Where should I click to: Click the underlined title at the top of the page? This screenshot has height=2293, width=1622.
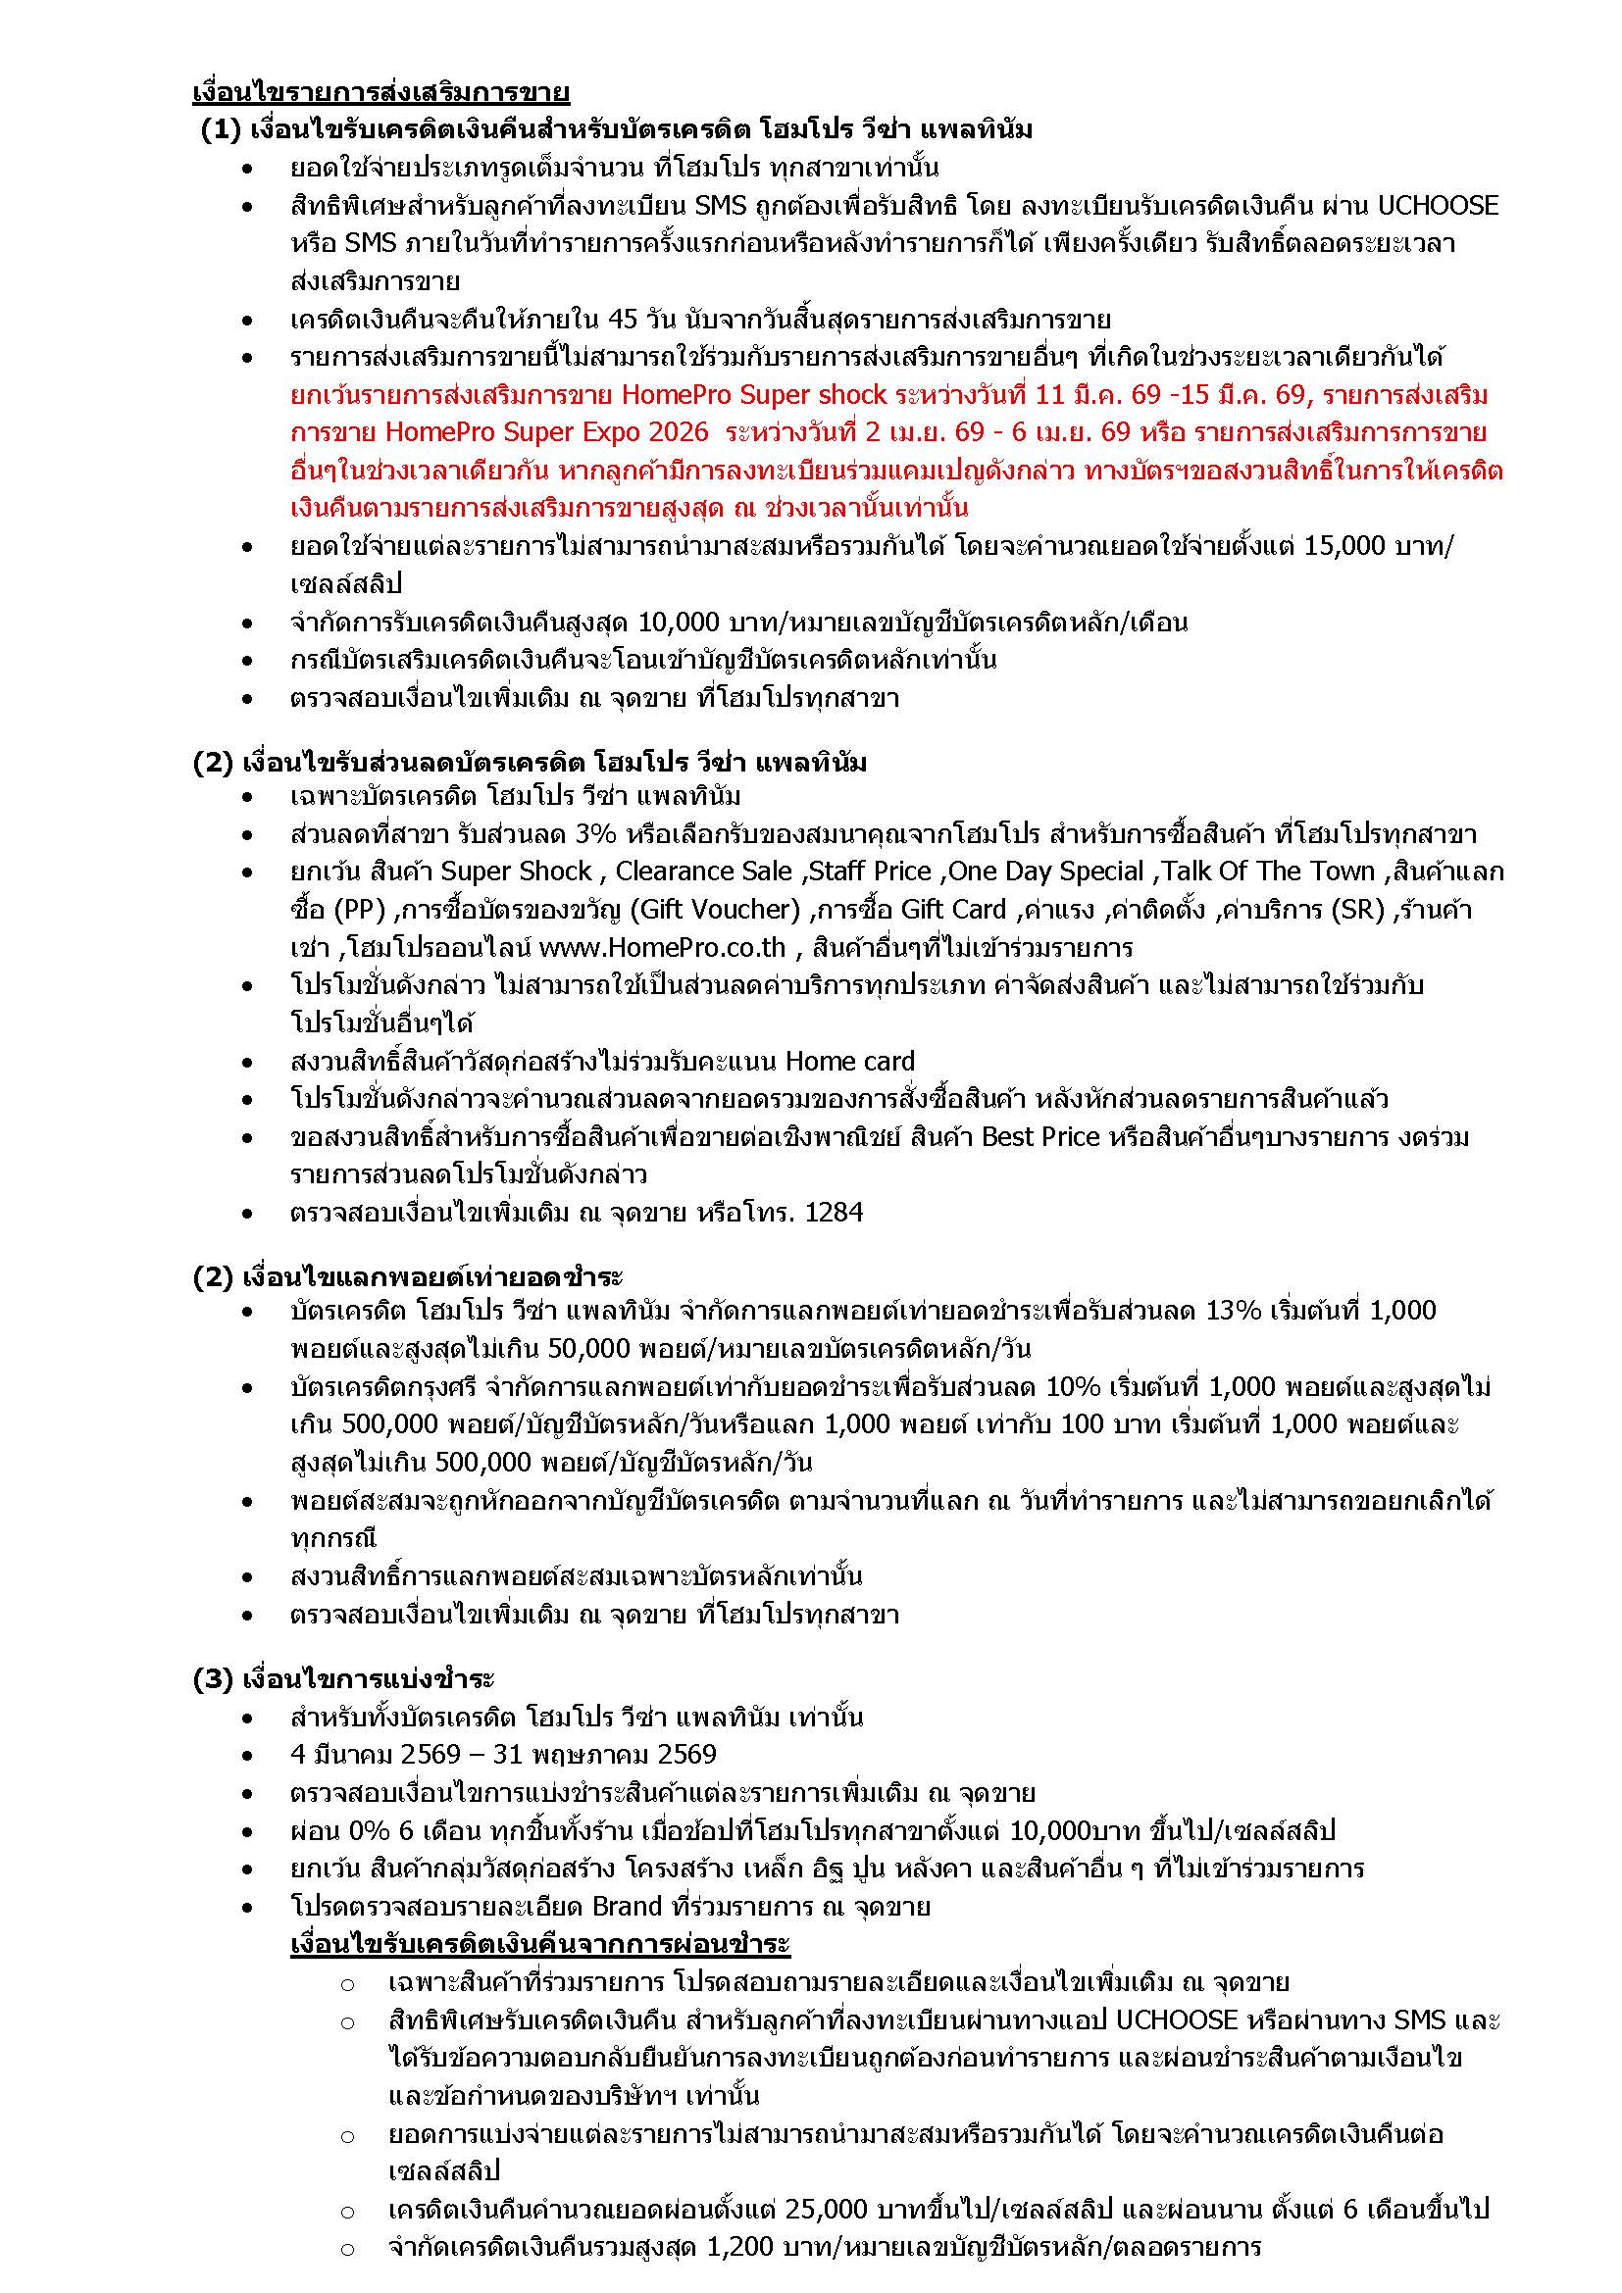pos(380,93)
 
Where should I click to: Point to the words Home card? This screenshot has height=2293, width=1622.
pos(850,1061)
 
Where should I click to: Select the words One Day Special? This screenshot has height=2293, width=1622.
pos(1045,872)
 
